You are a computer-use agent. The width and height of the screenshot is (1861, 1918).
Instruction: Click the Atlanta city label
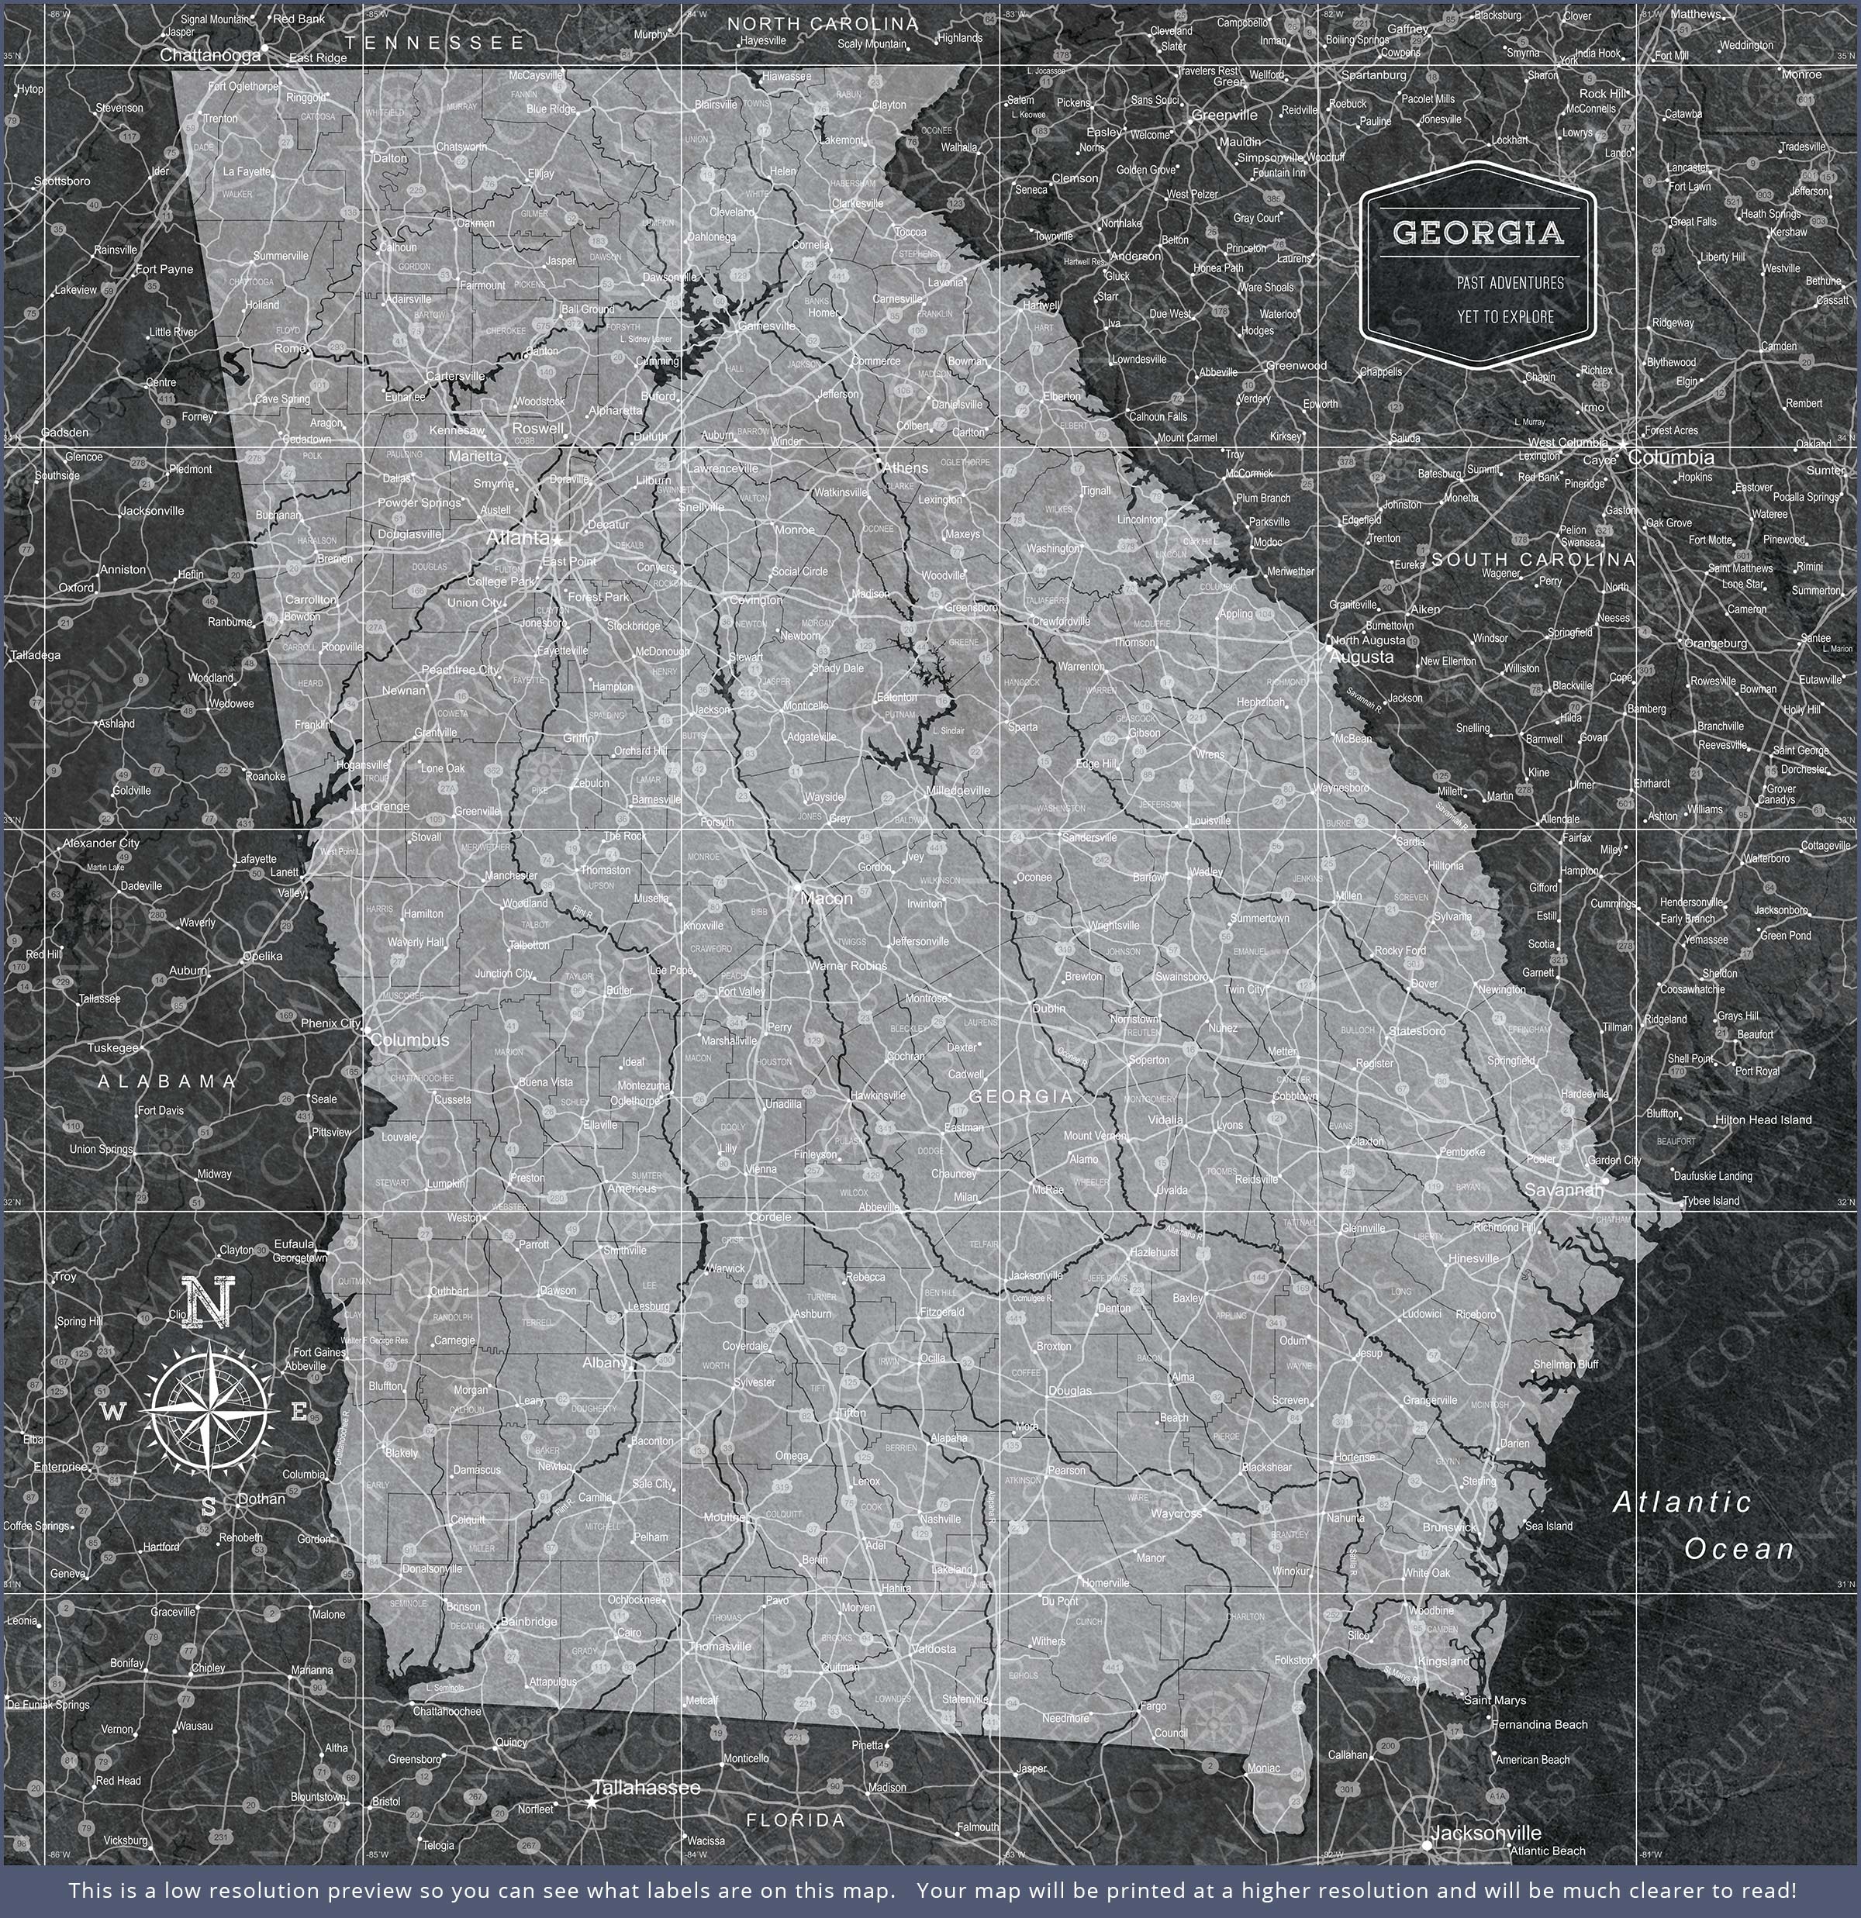click(518, 538)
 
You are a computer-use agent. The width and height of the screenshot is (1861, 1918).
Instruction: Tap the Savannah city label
click(1564, 1190)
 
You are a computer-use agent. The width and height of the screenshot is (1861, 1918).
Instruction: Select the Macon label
click(827, 897)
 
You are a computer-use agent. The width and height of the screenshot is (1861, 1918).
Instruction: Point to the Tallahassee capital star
click(592, 1801)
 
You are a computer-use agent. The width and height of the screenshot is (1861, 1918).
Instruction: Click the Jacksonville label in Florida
click(1486, 1833)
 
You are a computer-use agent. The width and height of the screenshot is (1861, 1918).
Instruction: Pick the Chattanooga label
click(210, 56)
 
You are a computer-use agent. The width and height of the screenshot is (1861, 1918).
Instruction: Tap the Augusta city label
click(1362, 657)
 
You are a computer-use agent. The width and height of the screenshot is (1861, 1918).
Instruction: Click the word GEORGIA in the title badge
click(1478, 232)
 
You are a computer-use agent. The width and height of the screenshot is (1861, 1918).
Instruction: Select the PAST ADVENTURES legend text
click(1510, 283)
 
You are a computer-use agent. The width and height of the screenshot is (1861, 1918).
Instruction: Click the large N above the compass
click(209, 1302)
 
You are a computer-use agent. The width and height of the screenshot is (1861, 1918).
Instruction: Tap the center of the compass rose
click(209, 1411)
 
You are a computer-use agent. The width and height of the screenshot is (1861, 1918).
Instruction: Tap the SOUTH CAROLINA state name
click(1533, 560)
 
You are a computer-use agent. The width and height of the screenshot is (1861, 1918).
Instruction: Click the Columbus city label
click(409, 1040)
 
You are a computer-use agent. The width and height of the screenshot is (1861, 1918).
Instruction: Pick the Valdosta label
click(933, 1649)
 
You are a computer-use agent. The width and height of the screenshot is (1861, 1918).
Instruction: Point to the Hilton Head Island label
click(1763, 1119)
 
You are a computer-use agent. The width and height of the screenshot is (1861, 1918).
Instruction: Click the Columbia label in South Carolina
click(1671, 457)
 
